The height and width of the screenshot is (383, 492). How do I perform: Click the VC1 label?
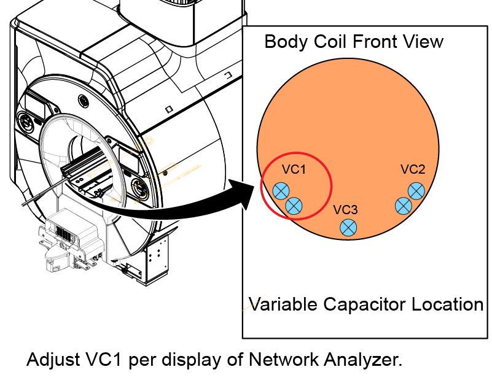[294, 169]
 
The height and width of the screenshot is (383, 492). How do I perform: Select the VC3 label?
[346, 210]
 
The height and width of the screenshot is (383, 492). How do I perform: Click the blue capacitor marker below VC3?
[348, 227]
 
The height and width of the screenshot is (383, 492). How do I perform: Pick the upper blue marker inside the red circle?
[281, 191]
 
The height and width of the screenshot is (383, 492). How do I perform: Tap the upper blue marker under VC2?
[416, 190]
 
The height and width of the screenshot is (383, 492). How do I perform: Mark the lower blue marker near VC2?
[404, 206]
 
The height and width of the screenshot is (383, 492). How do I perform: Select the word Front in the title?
[375, 42]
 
